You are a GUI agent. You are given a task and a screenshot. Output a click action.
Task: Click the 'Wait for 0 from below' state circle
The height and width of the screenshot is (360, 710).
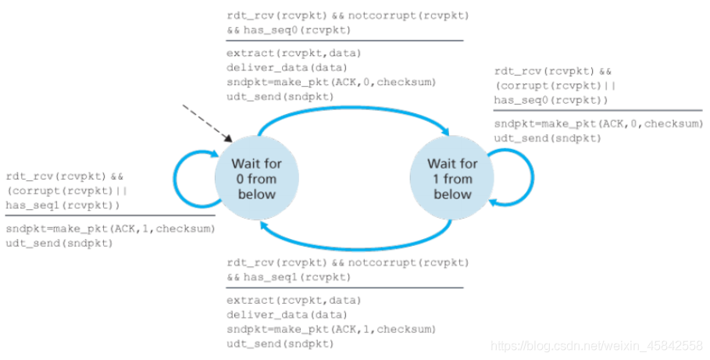(x=256, y=178)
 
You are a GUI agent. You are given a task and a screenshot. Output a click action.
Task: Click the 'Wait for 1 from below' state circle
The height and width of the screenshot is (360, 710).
(x=452, y=178)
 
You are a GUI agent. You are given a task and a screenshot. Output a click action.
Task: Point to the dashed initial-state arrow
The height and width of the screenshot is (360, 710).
(x=207, y=123)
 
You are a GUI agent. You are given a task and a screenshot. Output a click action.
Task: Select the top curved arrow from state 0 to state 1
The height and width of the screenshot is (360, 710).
(x=353, y=108)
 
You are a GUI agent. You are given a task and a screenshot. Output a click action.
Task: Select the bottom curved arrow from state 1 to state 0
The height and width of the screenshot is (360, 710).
(x=355, y=248)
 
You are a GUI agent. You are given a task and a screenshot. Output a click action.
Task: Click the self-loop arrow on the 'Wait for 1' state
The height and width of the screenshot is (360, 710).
(x=533, y=177)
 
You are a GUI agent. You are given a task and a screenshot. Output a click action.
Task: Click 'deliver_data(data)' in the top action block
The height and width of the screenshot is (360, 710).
(x=287, y=68)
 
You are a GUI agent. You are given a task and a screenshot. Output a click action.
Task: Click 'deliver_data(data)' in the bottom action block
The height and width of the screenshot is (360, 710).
(x=287, y=315)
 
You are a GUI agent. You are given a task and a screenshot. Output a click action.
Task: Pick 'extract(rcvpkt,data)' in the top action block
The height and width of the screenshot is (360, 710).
(x=294, y=53)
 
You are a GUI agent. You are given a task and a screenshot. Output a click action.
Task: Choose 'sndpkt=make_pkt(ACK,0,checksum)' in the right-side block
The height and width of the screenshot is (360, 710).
(x=598, y=123)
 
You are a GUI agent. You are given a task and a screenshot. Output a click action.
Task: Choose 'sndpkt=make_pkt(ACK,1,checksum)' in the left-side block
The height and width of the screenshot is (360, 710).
(x=110, y=229)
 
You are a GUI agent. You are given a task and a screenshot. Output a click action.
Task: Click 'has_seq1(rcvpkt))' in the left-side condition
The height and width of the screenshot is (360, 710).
(x=63, y=205)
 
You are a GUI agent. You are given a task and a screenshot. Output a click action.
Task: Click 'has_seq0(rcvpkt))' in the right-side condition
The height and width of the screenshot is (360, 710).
(x=551, y=100)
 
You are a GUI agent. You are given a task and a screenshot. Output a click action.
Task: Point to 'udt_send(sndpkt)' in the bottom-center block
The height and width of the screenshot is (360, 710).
(x=280, y=344)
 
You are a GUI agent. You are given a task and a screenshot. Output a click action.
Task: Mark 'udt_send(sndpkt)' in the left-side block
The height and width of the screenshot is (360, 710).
(x=59, y=243)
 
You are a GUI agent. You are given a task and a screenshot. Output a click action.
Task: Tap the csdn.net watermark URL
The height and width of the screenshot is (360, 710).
(x=597, y=347)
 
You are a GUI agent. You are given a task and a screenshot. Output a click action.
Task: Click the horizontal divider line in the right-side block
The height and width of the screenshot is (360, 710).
(x=598, y=110)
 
